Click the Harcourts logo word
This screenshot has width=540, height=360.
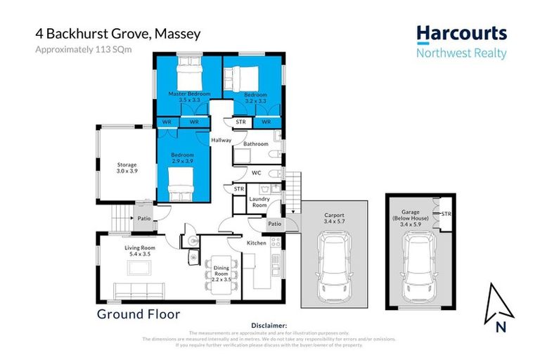tap(461, 34)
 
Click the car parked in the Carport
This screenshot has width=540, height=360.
tap(334, 264)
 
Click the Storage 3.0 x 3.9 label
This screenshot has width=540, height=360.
tap(127, 168)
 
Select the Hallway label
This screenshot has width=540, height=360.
tap(221, 140)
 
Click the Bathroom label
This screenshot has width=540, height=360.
tap(255, 144)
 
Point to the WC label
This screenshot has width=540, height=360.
tap(256, 172)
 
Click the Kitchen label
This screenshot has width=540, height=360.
tap(255, 243)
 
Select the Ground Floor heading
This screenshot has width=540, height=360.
tap(139, 314)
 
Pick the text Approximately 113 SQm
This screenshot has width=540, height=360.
tap(84, 49)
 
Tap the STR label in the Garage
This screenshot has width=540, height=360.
tap(445, 213)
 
